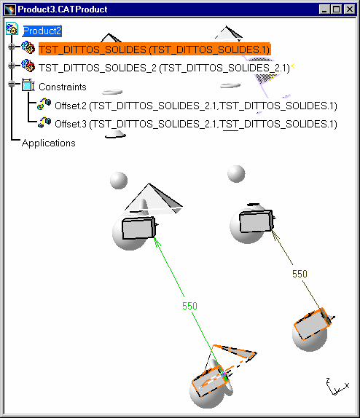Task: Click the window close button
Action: pos(349,9)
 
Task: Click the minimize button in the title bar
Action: pos(324,9)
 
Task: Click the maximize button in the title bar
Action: pos(336,9)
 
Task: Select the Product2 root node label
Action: pos(42,31)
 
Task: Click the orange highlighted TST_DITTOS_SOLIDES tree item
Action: pos(154,50)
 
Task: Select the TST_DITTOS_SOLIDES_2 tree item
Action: pos(164,68)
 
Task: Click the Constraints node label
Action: pos(63,87)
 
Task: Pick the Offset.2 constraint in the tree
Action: pos(196,106)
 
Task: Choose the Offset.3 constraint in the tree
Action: pos(196,125)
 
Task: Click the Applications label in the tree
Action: pos(49,143)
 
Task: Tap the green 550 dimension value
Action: pos(189,306)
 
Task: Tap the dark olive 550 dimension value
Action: pos(300,274)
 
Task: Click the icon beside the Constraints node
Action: pos(28,84)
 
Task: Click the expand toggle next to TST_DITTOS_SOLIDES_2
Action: pos(12,66)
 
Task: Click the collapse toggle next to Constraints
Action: pos(12,84)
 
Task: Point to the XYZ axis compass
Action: pos(337,387)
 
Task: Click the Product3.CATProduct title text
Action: pos(63,9)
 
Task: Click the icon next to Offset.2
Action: pos(44,103)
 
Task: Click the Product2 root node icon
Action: pos(12,29)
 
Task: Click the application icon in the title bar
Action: pos(10,9)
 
